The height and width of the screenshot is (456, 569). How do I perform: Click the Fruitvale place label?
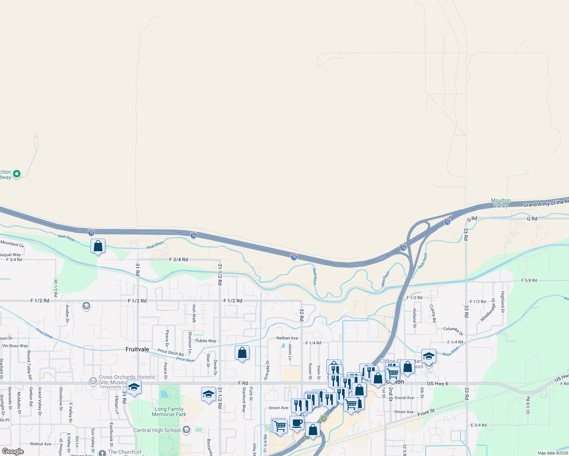pos(137,349)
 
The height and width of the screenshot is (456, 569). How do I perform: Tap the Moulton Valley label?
pos(501,203)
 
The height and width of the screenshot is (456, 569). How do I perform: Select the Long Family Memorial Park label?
pos(169,412)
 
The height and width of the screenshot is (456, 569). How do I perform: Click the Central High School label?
pos(157,430)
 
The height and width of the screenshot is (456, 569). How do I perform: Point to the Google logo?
pos(13,451)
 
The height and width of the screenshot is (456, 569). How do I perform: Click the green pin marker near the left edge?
pos(16,174)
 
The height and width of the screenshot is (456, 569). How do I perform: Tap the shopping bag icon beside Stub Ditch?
pos(98,246)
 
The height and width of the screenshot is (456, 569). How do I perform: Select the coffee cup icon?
pos(297,423)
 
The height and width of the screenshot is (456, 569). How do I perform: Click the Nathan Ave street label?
pos(287,338)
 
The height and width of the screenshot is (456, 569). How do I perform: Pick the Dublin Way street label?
pos(206,341)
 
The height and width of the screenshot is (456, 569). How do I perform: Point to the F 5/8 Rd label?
pos(529,280)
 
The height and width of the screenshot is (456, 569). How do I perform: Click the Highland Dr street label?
pos(502,299)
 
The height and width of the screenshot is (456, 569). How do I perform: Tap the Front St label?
pos(426,413)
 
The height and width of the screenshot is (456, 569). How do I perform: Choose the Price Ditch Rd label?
pos(170,352)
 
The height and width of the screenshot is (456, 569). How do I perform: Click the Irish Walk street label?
pos(194,313)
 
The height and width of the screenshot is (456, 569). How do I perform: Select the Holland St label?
pos(415,318)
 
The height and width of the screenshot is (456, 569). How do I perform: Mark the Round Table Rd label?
pos(29,365)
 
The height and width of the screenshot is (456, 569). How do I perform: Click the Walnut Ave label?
pos(40,444)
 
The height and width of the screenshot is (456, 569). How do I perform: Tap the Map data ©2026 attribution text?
pos(552,453)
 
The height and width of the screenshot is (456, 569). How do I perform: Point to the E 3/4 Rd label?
pos(478,425)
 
